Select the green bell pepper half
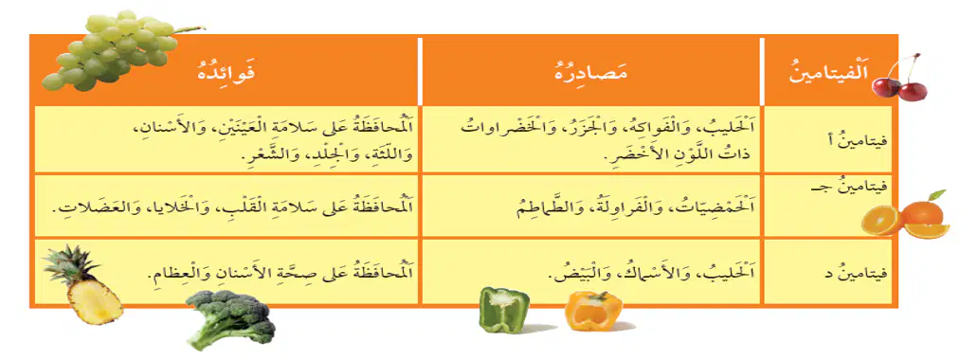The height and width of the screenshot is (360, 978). coord(504,309)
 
